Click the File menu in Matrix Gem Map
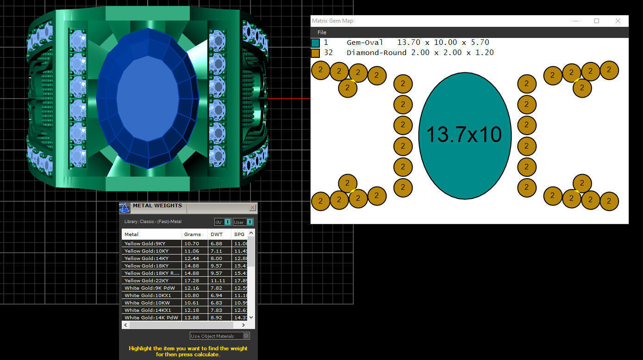click(322, 32)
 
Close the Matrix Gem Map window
click(618, 21)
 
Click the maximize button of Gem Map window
click(597, 21)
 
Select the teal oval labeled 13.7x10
click(464, 135)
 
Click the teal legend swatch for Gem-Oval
click(315, 43)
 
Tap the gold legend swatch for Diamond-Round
click(315, 53)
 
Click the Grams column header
click(192, 234)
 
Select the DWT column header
click(217, 234)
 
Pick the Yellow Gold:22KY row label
click(146, 281)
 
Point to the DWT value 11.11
click(217, 281)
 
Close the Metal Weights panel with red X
click(252, 208)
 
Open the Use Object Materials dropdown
click(220, 336)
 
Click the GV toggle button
click(223, 222)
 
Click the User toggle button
click(243, 222)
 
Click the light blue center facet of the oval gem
click(147, 98)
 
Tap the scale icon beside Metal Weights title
click(124, 208)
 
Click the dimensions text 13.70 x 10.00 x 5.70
click(443, 43)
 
